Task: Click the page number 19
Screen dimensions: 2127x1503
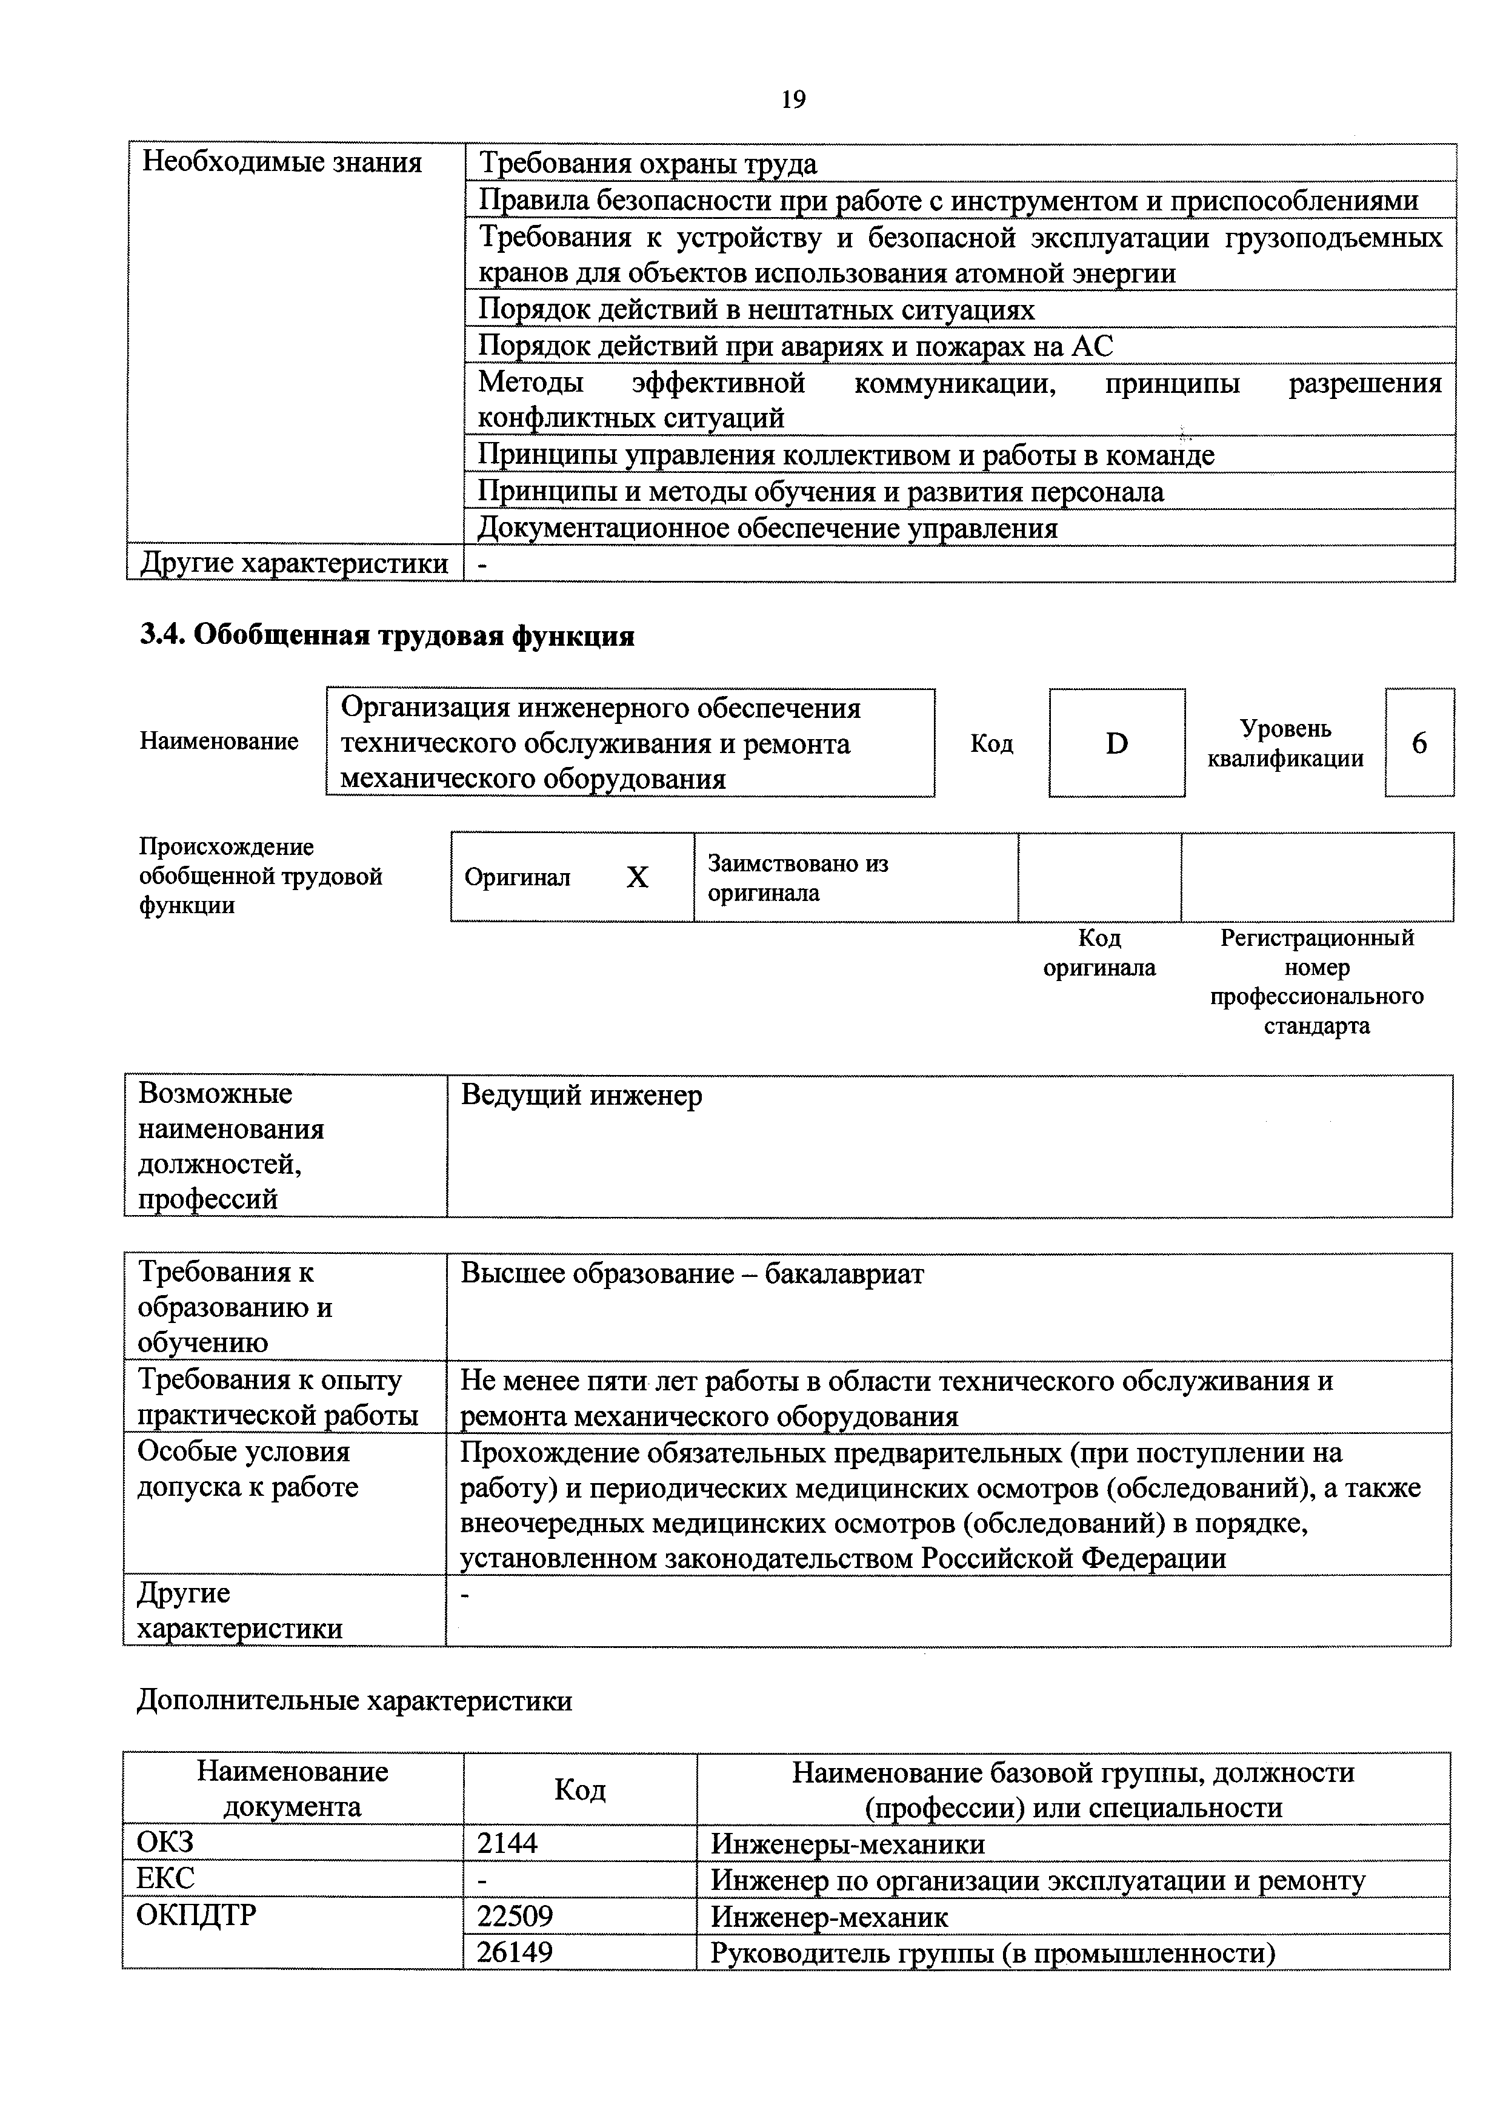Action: click(x=793, y=99)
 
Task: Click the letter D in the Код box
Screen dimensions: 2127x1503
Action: click(x=1117, y=743)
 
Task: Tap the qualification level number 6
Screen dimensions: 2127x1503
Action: click(x=1419, y=743)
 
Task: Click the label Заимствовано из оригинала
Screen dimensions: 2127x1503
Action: click(x=798, y=877)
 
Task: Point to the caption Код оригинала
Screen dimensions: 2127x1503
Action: click(x=1099, y=953)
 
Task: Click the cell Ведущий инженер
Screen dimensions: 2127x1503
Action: click(x=582, y=1096)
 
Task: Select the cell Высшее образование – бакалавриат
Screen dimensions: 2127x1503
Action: click(x=692, y=1274)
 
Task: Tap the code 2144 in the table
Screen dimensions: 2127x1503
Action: click(x=507, y=1843)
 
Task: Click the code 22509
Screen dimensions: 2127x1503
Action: click(x=515, y=1916)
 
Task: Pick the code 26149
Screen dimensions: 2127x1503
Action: click(x=515, y=1952)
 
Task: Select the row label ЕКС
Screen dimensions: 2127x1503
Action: click(x=167, y=1879)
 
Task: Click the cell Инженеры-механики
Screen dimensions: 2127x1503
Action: click(x=847, y=1843)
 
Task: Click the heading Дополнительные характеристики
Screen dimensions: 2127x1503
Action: click(x=355, y=1701)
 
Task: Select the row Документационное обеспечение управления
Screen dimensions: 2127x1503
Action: click(x=768, y=528)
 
